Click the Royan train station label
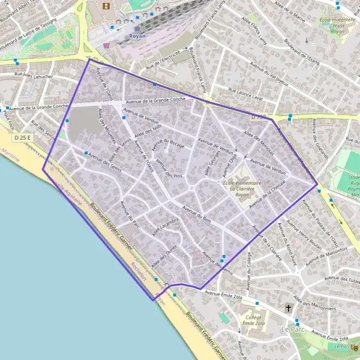(x=137, y=36)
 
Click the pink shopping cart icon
(x=106, y=44)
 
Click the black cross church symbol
(x=289, y=308)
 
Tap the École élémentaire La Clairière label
(x=241, y=185)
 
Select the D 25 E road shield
(x=23, y=139)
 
